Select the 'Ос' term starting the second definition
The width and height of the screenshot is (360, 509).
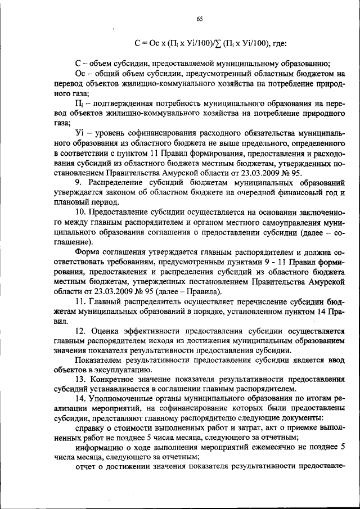(x=80, y=74)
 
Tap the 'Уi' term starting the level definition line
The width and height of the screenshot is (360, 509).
(x=79, y=132)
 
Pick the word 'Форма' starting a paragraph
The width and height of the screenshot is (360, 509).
(x=88, y=252)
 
